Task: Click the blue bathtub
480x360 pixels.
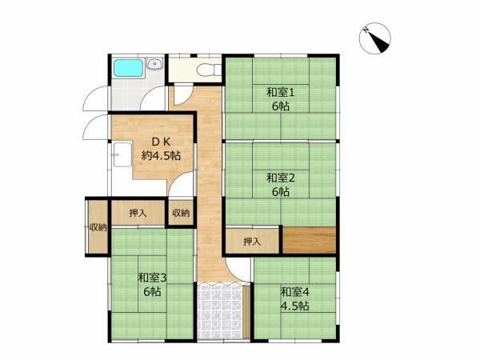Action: point(129,68)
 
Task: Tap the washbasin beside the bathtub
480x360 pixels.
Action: point(155,64)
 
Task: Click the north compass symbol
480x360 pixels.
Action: point(375,38)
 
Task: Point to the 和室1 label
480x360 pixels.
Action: point(281,92)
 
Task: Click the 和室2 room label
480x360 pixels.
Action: point(281,178)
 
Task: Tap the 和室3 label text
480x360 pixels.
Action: point(152,278)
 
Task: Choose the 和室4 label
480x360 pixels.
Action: point(294,292)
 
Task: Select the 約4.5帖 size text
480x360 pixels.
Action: point(161,156)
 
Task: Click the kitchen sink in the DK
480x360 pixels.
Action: point(122,154)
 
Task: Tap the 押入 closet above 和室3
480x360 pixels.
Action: point(138,213)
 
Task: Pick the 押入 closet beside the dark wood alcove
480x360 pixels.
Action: point(252,242)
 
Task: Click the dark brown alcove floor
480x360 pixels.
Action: point(309,240)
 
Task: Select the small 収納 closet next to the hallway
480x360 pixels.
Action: point(181,213)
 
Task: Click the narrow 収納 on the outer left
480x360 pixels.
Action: point(98,227)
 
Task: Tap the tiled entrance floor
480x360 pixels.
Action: point(220,312)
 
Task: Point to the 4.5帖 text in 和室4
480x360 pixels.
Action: point(294,306)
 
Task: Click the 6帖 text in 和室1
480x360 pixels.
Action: point(281,106)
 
